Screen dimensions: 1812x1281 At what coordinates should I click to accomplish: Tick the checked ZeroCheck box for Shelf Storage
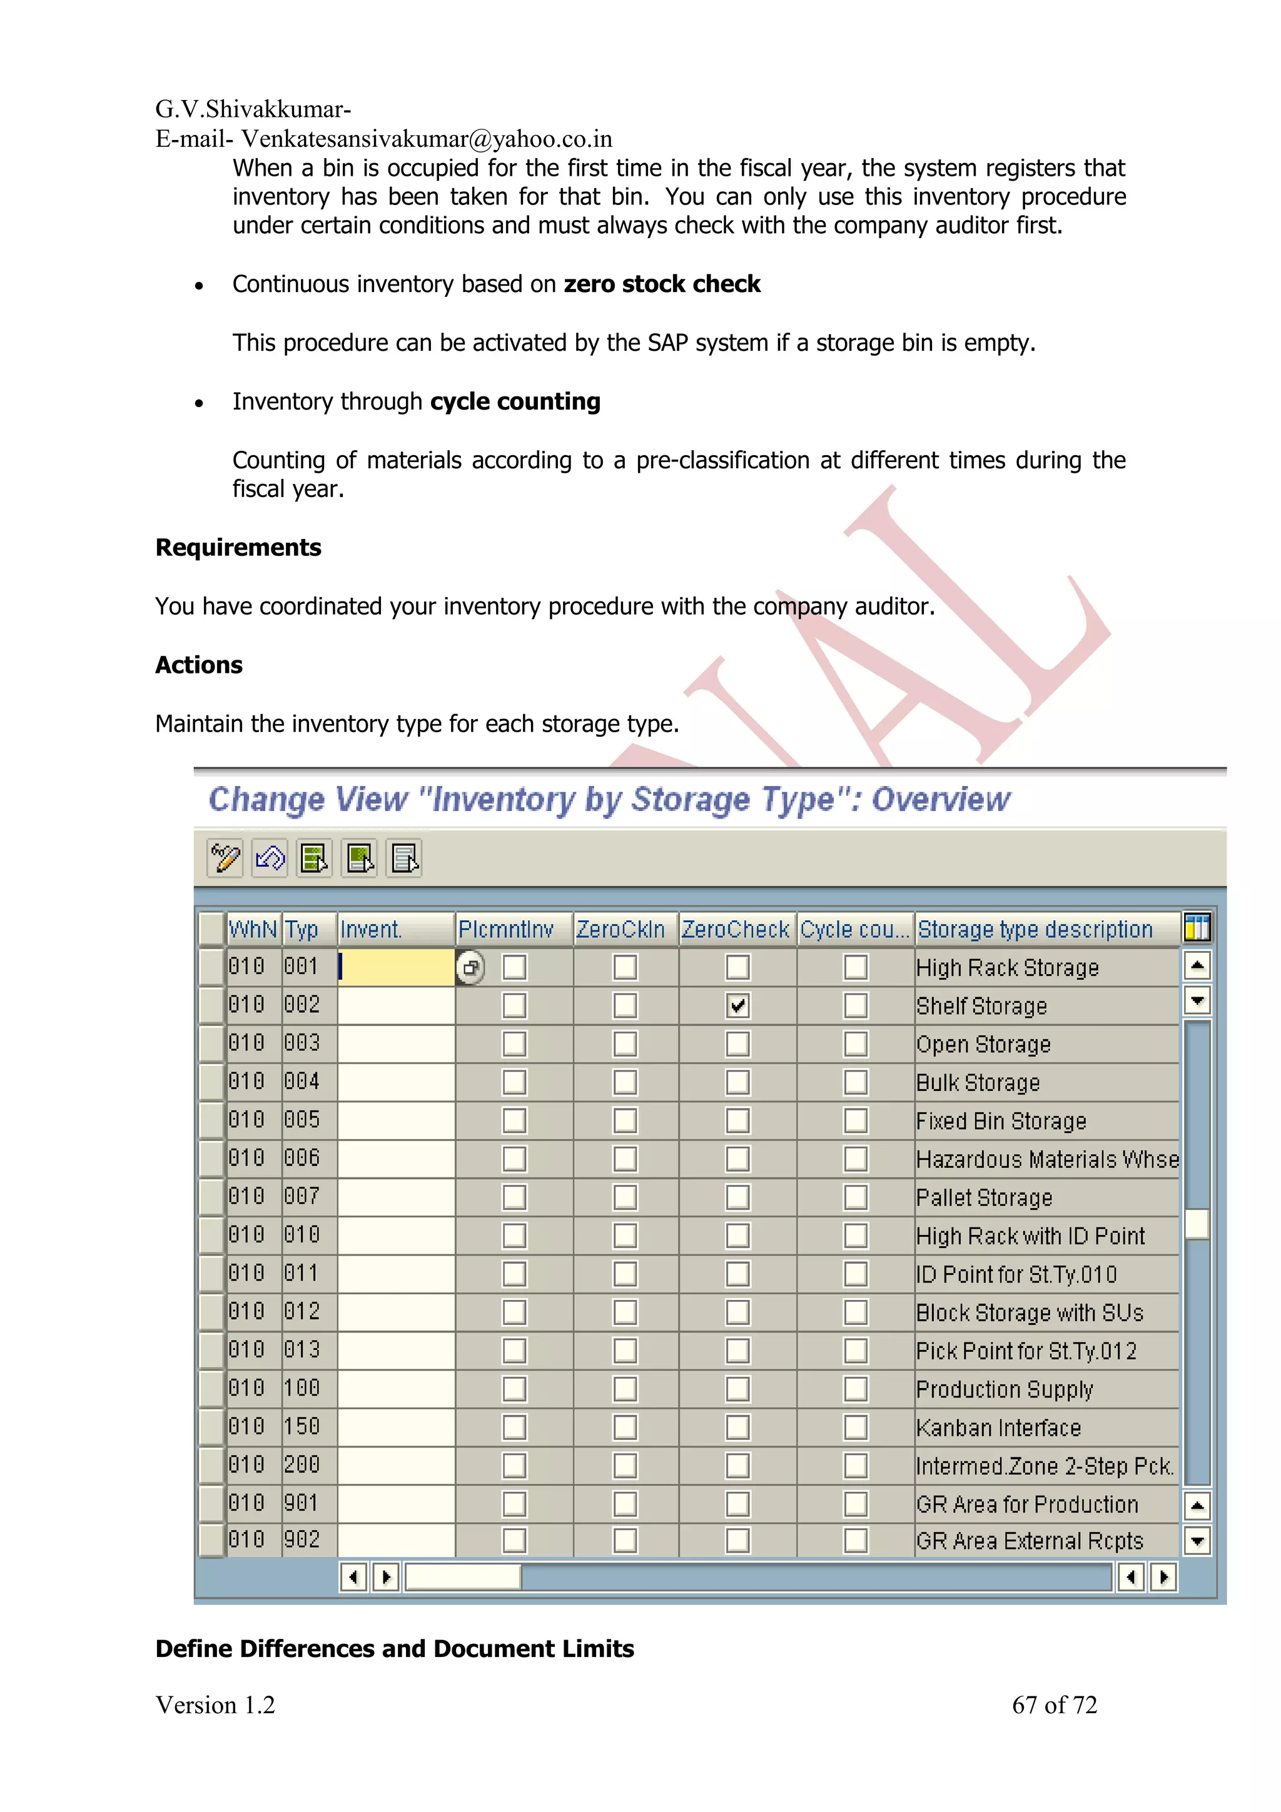pos(737,1005)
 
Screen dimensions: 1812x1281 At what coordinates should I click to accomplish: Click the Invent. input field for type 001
pos(396,967)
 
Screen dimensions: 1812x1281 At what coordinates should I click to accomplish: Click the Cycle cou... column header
pos(855,929)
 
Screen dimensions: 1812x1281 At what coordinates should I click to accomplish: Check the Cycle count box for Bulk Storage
pos(856,1082)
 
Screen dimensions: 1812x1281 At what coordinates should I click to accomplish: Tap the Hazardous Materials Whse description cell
pos(1046,1159)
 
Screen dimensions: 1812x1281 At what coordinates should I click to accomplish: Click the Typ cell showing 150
pos(302,1426)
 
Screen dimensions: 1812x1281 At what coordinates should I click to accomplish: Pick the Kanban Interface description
pos(998,1427)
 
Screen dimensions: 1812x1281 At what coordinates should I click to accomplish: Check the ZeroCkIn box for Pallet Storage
pos(625,1197)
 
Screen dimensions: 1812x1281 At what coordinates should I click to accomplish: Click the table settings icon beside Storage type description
pos(1197,928)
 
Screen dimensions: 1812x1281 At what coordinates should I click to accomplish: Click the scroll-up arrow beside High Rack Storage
pos(1197,965)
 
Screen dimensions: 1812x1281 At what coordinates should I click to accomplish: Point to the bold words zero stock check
pos(661,284)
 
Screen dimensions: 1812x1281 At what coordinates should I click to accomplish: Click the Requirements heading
pos(238,548)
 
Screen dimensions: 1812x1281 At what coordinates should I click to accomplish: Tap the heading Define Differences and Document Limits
pos(395,1649)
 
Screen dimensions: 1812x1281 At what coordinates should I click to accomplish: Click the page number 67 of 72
pos(1054,1704)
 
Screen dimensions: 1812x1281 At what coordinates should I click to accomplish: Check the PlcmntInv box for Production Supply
pos(514,1388)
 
